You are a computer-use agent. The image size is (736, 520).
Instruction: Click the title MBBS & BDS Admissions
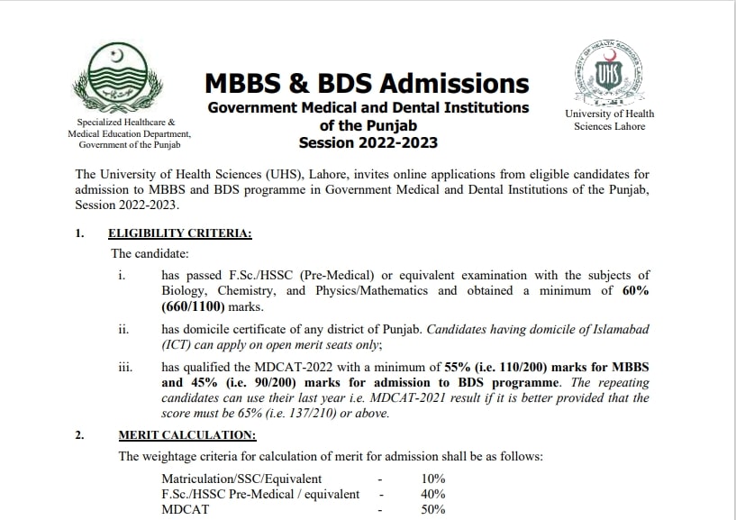point(367,84)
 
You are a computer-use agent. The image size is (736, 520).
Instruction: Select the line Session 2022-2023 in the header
point(368,142)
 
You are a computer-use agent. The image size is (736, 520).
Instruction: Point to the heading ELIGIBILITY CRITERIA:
point(179,233)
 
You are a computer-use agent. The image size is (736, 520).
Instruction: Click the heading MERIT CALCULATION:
point(186,435)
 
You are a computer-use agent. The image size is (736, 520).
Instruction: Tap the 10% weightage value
point(432,479)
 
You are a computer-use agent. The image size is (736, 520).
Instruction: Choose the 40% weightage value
point(432,494)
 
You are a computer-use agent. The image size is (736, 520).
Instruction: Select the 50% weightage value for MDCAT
point(432,509)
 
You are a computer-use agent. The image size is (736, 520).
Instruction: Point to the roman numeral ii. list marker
point(124,330)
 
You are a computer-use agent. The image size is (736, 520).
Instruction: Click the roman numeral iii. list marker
point(125,368)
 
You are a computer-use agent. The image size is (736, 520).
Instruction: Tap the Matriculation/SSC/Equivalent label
point(241,479)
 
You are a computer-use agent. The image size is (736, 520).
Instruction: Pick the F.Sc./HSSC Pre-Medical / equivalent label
point(260,494)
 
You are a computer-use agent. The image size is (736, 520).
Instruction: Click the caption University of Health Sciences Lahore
point(610,120)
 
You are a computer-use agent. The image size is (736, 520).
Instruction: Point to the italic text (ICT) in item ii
point(178,345)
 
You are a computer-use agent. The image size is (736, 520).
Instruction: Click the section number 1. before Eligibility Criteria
point(79,233)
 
